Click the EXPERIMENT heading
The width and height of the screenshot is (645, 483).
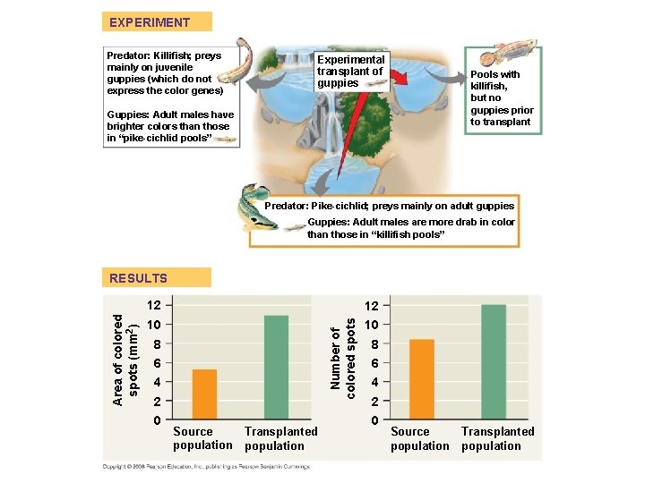pyautogui.click(x=150, y=22)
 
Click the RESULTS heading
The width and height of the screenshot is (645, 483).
pyautogui.click(x=139, y=278)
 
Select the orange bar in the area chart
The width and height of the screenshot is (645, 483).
pyautogui.click(x=204, y=394)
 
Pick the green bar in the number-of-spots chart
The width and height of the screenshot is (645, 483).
pyautogui.click(x=494, y=362)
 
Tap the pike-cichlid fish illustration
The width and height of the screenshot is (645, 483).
pyautogui.click(x=254, y=206)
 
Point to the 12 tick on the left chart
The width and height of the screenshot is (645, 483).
pyautogui.click(x=154, y=304)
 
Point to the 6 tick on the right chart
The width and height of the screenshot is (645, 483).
pyautogui.click(x=374, y=363)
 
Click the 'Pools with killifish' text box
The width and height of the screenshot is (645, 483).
pyautogui.click(x=502, y=98)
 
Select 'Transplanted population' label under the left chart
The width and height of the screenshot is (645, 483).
pyautogui.click(x=280, y=438)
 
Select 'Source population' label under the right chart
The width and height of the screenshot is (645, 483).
pyautogui.click(x=419, y=438)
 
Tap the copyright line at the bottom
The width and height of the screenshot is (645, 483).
pyautogui.click(x=204, y=466)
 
